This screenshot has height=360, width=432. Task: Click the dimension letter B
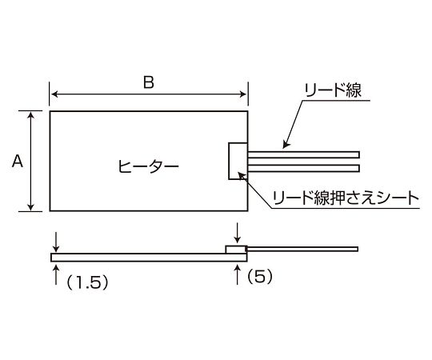(149, 82)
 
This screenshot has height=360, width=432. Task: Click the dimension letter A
(18, 161)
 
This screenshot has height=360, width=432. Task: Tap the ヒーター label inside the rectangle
(148, 166)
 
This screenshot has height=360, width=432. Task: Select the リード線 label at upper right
(333, 90)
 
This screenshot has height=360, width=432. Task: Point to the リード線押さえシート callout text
(346, 198)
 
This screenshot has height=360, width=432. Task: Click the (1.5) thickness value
(87, 282)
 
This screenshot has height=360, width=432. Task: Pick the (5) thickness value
(259, 276)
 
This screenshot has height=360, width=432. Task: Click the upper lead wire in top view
(303, 154)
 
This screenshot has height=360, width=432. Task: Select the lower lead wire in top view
(303, 168)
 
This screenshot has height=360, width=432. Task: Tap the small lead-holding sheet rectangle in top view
(238, 161)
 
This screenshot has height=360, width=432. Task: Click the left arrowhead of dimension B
(54, 94)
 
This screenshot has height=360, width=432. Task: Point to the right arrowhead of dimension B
(243, 94)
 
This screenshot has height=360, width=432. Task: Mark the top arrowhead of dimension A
(31, 114)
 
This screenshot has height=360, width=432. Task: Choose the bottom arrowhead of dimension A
(31, 207)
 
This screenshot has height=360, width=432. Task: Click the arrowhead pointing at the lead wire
(286, 145)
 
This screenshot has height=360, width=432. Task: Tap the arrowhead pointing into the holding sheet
(242, 176)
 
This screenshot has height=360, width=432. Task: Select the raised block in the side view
(236, 250)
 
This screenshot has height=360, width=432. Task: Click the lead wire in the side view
(302, 250)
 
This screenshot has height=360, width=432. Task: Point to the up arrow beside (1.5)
(56, 274)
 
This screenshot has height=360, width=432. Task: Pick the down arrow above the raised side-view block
(237, 234)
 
